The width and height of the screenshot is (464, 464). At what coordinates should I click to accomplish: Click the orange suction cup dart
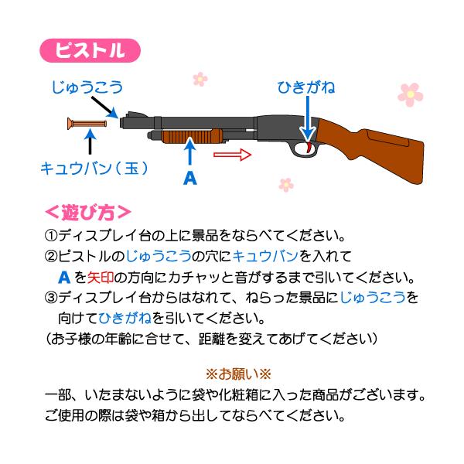[87, 124]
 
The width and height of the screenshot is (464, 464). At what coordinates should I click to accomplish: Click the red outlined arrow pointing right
[232, 155]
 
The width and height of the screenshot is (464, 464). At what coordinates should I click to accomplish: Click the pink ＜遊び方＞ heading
[87, 211]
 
